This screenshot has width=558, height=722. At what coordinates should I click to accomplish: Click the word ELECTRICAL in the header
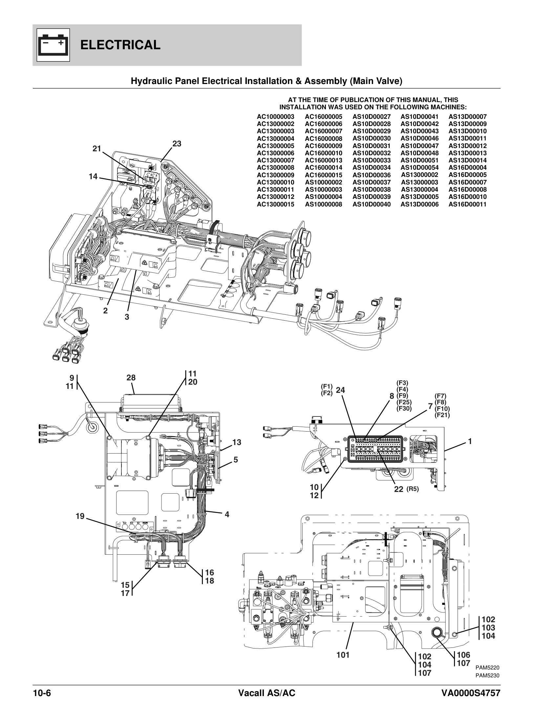[x=120, y=45]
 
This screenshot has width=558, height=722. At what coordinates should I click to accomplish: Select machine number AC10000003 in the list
[x=275, y=117]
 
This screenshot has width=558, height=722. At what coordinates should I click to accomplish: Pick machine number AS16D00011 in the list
[x=467, y=204]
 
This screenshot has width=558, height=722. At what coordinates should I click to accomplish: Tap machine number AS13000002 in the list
[x=419, y=175]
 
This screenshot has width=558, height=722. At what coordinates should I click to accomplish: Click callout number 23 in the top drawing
[x=177, y=144]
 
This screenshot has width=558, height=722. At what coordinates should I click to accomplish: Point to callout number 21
[x=97, y=149]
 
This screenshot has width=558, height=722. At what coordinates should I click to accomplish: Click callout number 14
[x=93, y=177]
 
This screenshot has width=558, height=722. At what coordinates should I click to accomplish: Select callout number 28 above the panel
[x=131, y=378]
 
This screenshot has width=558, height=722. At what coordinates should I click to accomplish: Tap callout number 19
[x=80, y=516]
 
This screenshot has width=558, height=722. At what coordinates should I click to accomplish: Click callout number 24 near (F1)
[x=340, y=390]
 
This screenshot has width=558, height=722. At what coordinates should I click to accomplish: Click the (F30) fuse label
[x=404, y=409]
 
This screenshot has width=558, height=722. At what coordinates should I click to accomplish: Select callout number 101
[x=343, y=655]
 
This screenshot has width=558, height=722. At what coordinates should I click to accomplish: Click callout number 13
[x=237, y=442]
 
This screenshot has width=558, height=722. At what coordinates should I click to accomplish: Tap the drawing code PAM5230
[x=487, y=676]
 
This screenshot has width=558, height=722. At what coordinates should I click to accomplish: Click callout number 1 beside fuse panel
[x=470, y=441]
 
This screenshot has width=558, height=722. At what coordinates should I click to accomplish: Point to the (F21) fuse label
[x=442, y=415]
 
